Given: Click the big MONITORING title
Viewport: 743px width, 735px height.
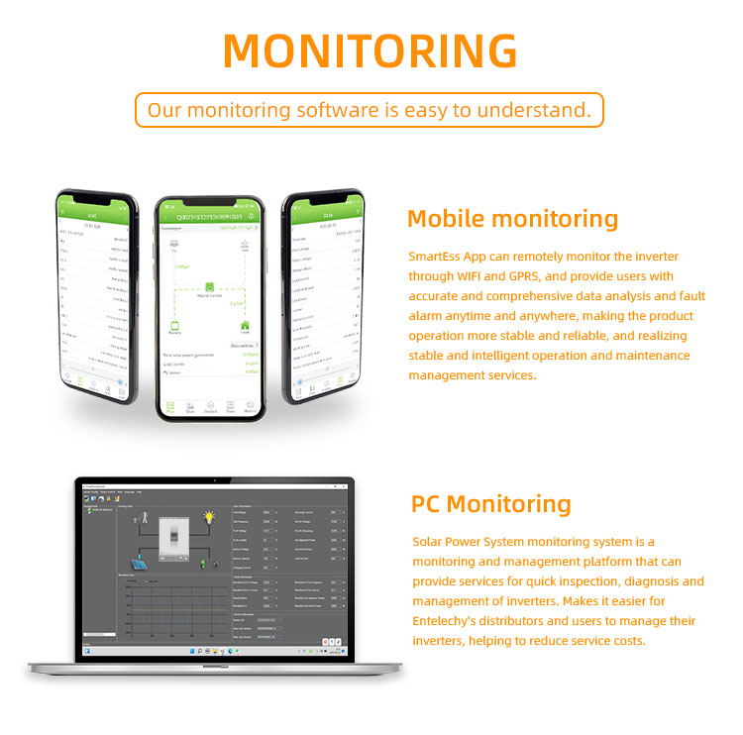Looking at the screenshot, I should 371,51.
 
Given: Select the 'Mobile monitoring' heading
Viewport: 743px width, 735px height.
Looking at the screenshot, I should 512,219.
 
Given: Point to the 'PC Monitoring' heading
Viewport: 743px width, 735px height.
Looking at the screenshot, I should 490,504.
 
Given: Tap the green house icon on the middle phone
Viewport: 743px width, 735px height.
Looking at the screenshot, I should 243,324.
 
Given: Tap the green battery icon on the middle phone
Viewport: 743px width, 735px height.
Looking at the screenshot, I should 175,325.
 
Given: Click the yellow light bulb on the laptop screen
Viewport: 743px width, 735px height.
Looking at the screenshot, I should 210,517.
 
